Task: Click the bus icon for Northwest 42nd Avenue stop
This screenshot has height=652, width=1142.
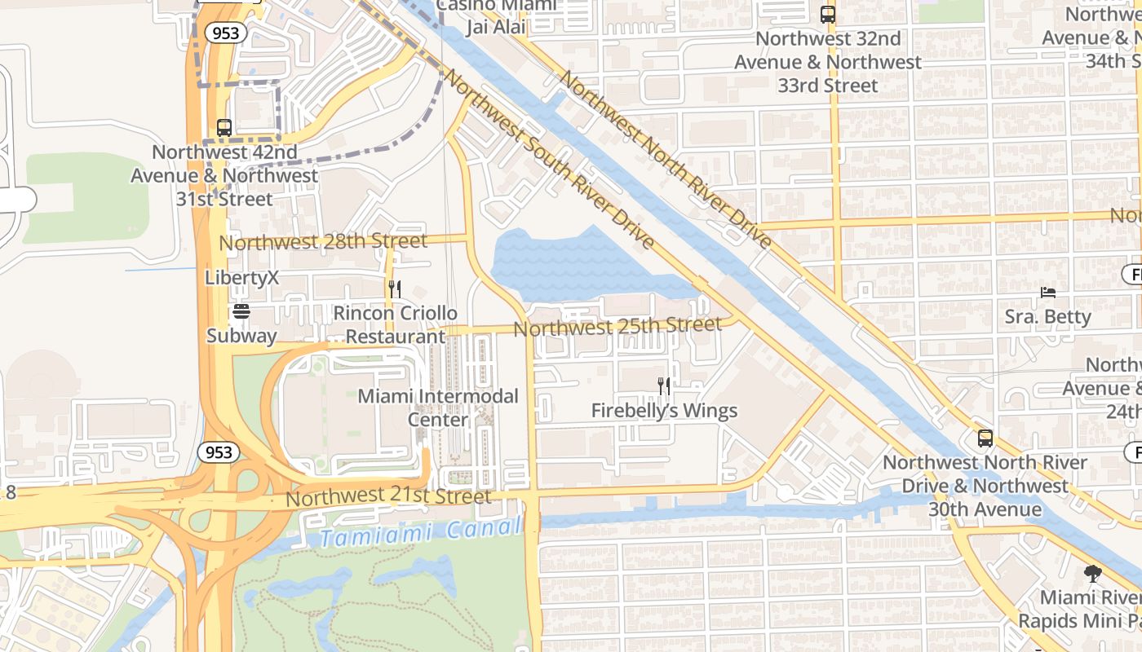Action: point(224,128)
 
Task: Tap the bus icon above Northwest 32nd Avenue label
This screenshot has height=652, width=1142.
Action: point(828,14)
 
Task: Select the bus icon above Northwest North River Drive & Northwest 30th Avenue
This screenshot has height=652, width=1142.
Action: point(985,438)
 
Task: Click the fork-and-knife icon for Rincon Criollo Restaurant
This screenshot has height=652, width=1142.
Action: point(395,289)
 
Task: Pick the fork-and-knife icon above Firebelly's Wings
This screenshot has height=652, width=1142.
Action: point(665,385)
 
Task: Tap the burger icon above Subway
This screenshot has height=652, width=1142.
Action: point(241,311)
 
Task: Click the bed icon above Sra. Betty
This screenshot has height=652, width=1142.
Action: point(1048,292)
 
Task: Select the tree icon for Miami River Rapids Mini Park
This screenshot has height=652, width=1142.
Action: point(1092,574)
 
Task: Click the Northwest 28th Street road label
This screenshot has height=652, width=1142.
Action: point(323,242)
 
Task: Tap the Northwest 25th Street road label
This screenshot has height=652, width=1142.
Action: point(617,326)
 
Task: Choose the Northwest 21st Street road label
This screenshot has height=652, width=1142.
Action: point(389,496)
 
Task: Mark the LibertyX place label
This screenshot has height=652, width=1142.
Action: point(241,278)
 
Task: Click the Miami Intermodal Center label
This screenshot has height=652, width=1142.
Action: point(438,407)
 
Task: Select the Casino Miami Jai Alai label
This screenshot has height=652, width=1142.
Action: point(498,16)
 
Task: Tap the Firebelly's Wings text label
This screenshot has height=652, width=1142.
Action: point(664,411)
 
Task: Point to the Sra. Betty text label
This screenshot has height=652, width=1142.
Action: point(1048,316)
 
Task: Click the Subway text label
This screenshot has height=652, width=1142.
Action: point(241,335)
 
